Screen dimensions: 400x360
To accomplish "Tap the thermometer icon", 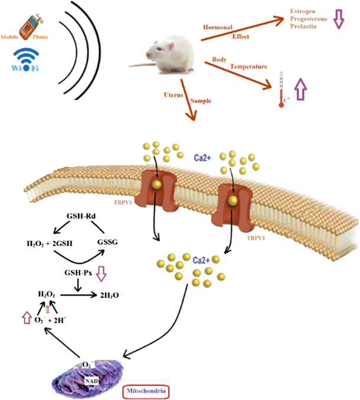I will click(x=282, y=88).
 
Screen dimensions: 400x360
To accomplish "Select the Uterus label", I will click(x=175, y=94).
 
